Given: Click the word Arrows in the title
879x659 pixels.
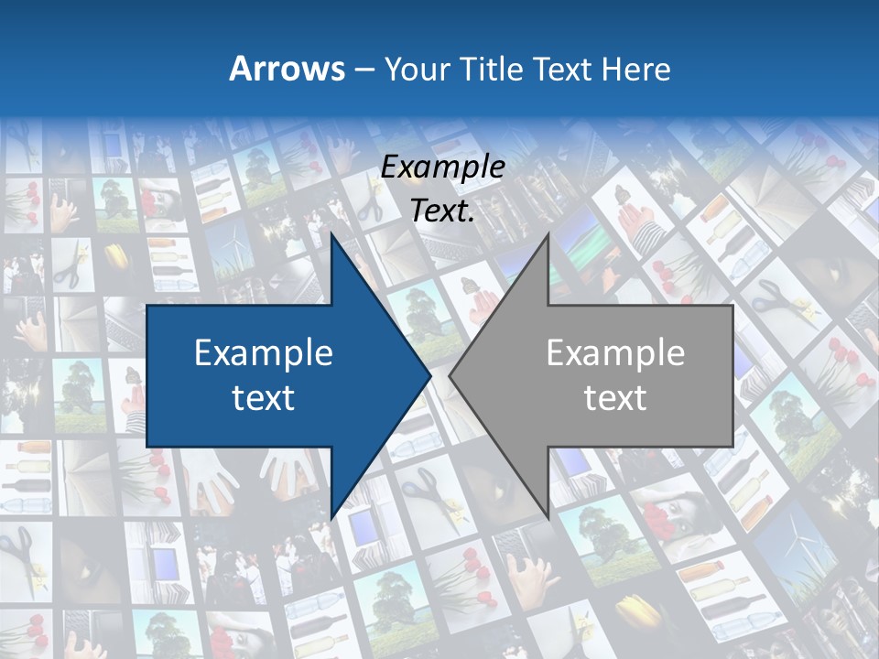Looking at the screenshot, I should point(288,69).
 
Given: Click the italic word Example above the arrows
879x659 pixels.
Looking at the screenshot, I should point(443,167).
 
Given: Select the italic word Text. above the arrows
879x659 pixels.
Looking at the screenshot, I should point(443,211).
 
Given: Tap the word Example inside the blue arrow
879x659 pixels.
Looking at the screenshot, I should point(264,352).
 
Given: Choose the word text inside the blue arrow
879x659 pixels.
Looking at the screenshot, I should point(264,397).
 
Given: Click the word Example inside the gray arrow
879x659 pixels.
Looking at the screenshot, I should point(615,352).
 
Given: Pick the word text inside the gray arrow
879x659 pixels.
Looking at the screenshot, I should point(615,397).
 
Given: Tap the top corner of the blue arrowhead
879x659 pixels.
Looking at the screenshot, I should point(331,234).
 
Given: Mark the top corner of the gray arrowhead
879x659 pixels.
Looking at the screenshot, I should point(548,234).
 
